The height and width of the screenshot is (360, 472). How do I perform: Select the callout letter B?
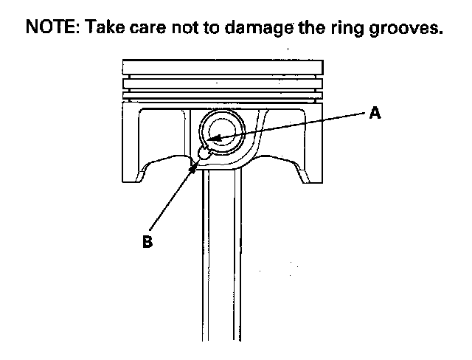[147, 242]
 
